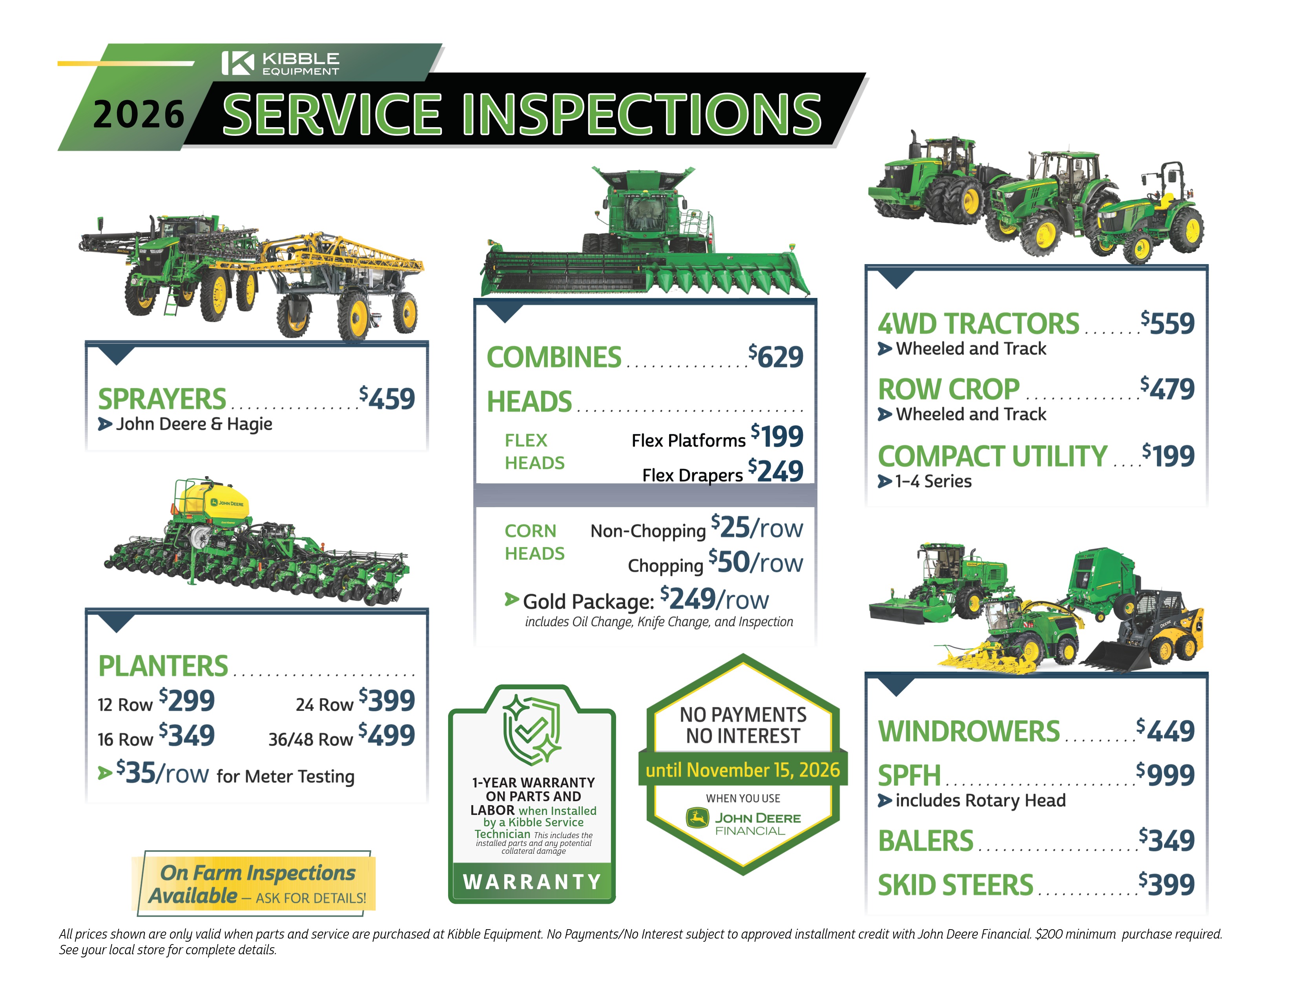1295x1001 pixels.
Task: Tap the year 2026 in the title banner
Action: click(x=139, y=115)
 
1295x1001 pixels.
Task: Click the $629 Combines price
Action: click(x=775, y=356)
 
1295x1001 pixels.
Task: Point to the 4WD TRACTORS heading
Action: click(x=978, y=324)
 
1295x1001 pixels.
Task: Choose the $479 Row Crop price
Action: click(x=1167, y=388)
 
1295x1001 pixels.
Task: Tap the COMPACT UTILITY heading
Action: click(x=992, y=456)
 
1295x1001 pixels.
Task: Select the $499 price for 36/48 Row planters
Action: click(x=387, y=735)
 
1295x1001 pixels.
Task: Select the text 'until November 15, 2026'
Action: click(x=743, y=770)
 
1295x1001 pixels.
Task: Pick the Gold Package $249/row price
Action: click(x=715, y=599)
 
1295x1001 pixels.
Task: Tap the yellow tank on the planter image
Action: click(x=215, y=500)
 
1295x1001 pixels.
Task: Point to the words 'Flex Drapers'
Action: click(x=693, y=475)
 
